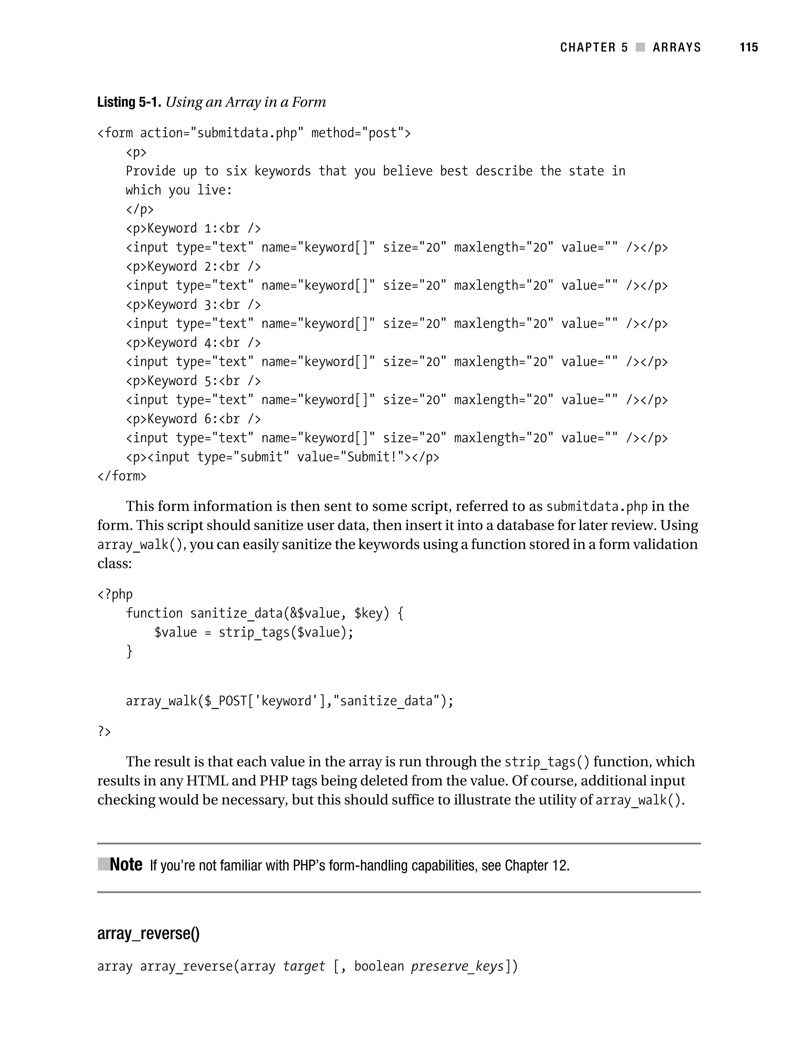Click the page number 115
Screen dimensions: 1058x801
coord(748,47)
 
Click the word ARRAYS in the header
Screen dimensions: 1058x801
coord(677,47)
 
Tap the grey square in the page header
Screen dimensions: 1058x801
coord(640,47)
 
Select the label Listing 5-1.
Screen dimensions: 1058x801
coord(129,102)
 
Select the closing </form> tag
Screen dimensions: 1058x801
coord(122,476)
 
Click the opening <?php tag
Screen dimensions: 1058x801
coord(115,595)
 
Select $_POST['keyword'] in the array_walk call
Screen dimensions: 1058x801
coord(265,701)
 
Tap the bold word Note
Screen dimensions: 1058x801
coord(126,865)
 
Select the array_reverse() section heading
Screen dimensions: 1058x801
coord(148,934)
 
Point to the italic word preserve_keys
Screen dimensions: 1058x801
coord(458,967)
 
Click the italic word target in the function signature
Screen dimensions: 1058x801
coord(304,967)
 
